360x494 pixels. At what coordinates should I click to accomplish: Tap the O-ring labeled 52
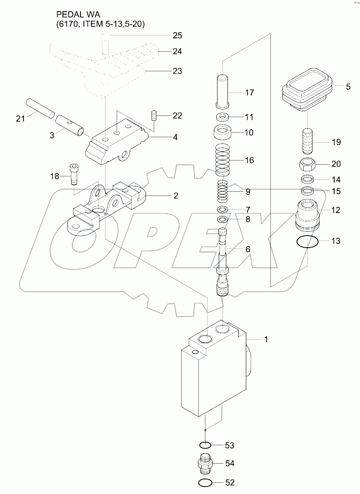(204, 483)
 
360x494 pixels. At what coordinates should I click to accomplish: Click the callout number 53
(230, 446)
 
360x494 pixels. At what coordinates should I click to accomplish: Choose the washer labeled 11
(222, 117)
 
